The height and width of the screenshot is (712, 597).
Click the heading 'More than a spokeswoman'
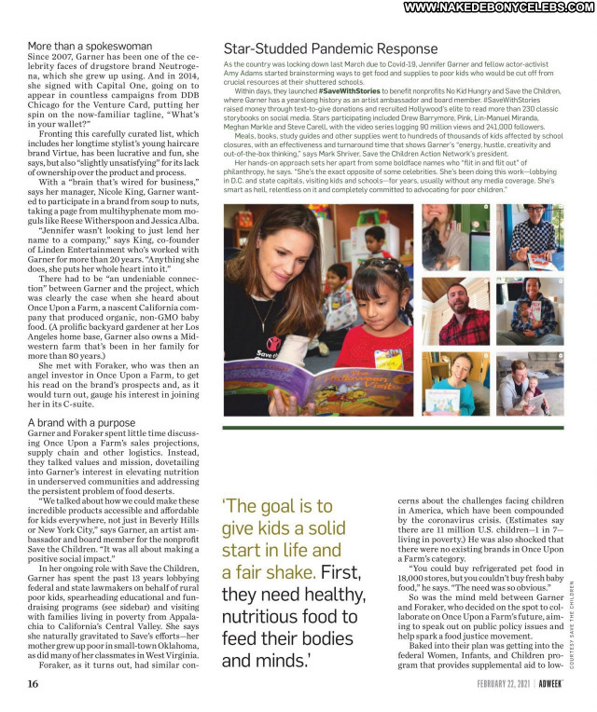(90, 46)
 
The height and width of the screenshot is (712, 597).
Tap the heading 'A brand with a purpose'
(81, 423)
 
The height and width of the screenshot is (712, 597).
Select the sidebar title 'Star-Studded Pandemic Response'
(330, 48)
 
